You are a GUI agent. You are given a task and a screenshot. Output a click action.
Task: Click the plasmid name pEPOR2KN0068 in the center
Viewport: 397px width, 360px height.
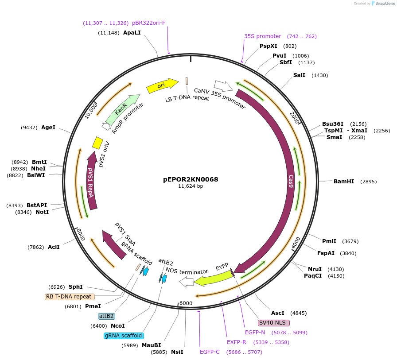pyautogui.click(x=191, y=179)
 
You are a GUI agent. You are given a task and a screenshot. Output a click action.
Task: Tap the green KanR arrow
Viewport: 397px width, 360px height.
pyautogui.click(x=122, y=108)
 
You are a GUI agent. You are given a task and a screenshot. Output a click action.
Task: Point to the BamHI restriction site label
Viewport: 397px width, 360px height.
pyautogui.click(x=344, y=182)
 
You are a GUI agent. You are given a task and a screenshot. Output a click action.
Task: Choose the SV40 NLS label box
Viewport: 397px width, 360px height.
pyautogui.click(x=274, y=323)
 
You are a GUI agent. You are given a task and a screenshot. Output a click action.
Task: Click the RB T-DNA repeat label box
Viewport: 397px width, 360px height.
pyautogui.click(x=70, y=297)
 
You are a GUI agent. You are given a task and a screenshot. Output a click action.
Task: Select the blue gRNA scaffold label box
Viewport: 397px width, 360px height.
pyautogui.click(x=124, y=336)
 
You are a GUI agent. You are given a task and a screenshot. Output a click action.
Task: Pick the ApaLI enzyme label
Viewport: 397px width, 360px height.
pyautogui.click(x=132, y=33)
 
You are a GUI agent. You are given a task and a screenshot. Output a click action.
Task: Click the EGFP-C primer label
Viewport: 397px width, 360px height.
pyautogui.click(x=210, y=352)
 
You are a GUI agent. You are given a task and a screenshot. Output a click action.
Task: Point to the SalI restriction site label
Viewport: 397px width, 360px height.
pyautogui.click(x=299, y=75)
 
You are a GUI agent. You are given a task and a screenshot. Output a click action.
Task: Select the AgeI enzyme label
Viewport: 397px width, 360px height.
pyautogui.click(x=48, y=128)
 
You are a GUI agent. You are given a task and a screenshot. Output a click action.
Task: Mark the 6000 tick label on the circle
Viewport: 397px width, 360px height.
pyautogui.click(x=186, y=303)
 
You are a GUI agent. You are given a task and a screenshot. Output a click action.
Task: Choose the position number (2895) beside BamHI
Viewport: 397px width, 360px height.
pyautogui.click(x=368, y=182)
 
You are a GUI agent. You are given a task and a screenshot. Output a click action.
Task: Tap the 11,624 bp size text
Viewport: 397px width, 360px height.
pyautogui.click(x=191, y=186)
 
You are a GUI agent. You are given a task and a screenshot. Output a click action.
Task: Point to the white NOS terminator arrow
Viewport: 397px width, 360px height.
pyautogui.click(x=187, y=281)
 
